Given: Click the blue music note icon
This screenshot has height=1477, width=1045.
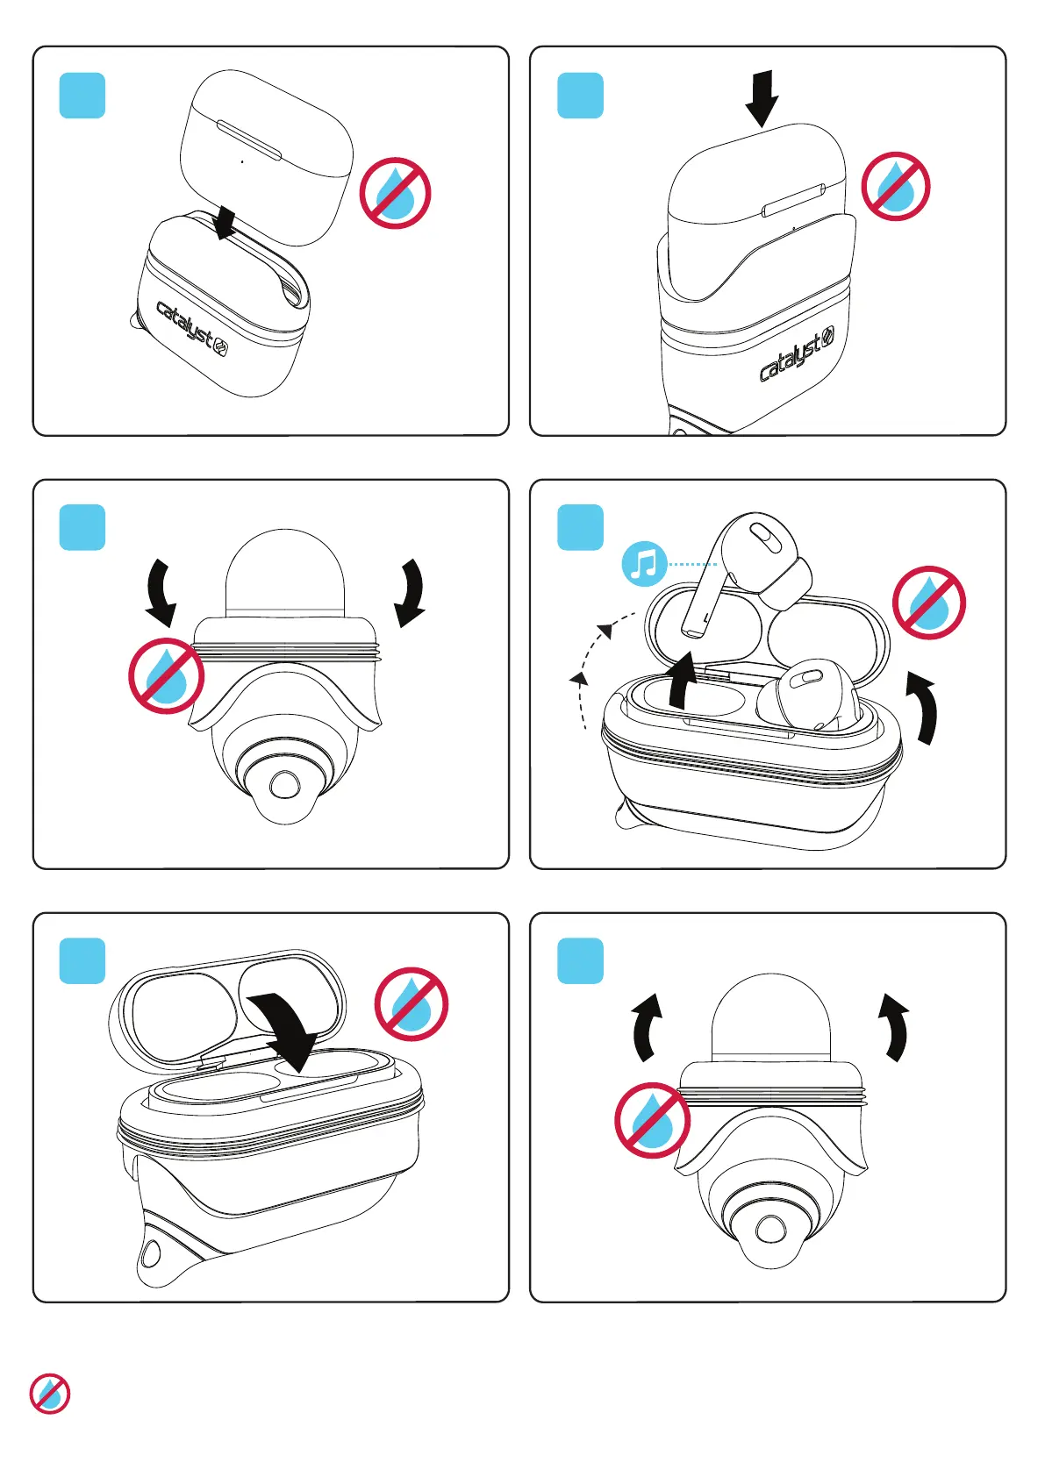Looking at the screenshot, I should coord(644,565).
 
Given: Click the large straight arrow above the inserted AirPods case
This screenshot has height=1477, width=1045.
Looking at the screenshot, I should coord(762,98).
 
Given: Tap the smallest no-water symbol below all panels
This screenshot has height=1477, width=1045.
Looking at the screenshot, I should coord(50,1394).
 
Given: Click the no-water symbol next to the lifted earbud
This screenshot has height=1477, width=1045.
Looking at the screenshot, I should coord(929,603).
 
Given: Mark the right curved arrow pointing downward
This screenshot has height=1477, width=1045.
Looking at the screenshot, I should coord(411,592).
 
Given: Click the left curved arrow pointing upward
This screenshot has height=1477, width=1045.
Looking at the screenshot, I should coord(646,1026).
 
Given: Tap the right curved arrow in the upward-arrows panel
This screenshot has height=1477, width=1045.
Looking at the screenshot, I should coord(896,1026).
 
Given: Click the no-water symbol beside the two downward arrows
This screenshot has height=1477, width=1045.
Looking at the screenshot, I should coord(167,676).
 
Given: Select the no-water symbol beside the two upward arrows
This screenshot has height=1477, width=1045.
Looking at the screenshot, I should coord(652,1120).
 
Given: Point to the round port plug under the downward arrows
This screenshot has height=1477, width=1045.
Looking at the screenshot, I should coord(283,783).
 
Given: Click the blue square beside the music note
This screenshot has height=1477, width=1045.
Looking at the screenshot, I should coord(580,527).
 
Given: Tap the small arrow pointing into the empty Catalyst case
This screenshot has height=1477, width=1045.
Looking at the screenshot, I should coord(225,222).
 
